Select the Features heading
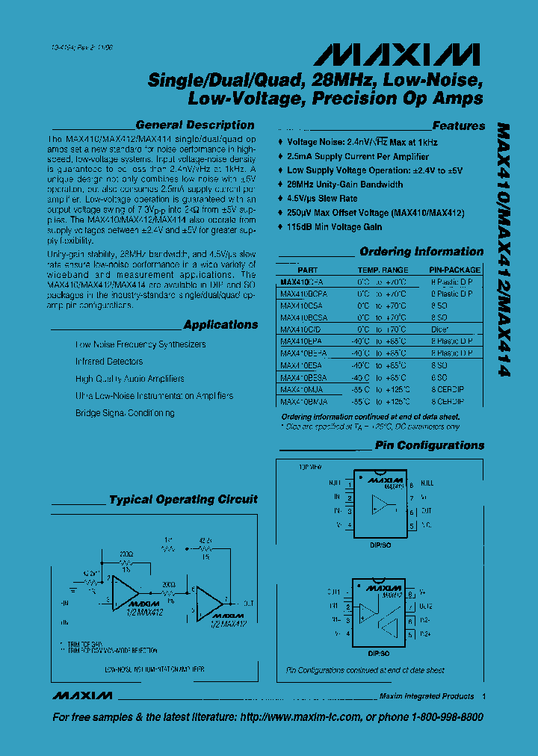coord(458,126)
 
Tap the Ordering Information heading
coord(421,252)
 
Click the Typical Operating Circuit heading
coord(183,500)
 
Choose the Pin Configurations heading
coord(429,445)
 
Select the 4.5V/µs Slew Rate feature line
coord(322,199)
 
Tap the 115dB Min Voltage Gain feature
coord(334,227)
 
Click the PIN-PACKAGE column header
coord(454,270)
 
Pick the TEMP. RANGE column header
coord(383,270)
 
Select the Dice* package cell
coord(440,329)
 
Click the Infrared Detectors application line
coord(108,362)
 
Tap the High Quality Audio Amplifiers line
coord(129,379)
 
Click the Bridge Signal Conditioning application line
coord(126,413)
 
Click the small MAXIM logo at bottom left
coord(82,695)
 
